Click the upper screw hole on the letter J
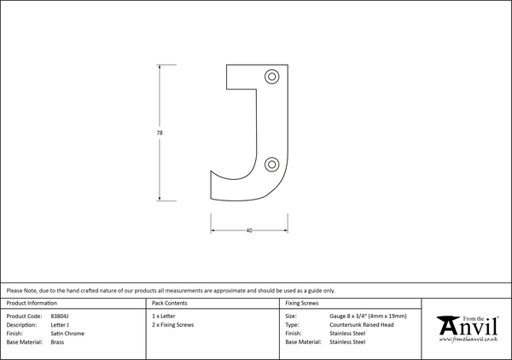pyautogui.click(x=271, y=77)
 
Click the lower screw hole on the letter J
pyautogui.click(x=271, y=164)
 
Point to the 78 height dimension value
pyautogui.click(x=160, y=133)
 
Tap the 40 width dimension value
pyautogui.click(x=249, y=230)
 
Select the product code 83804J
pyautogui.click(x=60, y=316)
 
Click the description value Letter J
pyautogui.click(x=60, y=325)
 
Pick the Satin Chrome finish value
pyautogui.click(x=67, y=334)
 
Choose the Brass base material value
pyautogui.click(x=57, y=342)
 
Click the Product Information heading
pyautogui.click(x=32, y=303)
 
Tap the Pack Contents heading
pyautogui.click(x=170, y=303)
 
